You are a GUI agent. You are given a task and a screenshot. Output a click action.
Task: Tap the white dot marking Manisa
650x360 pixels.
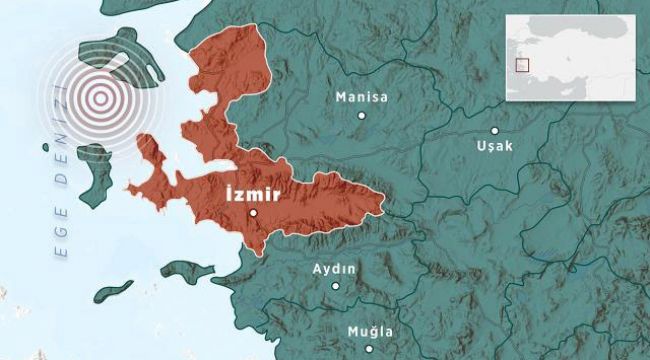(x=362, y=115)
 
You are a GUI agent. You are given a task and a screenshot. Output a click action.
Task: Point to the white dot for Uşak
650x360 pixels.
(x=495, y=130)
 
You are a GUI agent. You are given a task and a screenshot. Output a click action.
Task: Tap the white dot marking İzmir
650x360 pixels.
(x=253, y=212)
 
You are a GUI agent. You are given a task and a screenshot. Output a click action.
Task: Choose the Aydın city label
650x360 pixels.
(x=335, y=269)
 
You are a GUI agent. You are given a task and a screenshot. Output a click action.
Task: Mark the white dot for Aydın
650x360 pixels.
(x=336, y=286)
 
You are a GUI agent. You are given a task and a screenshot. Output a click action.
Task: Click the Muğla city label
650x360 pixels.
(x=370, y=331)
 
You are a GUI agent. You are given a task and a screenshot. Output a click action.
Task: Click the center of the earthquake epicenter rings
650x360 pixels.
(x=98, y=98)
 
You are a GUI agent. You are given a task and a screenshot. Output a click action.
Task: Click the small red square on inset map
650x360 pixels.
(x=521, y=65)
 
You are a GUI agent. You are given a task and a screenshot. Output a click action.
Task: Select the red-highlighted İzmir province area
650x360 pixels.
(x=300, y=195)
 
